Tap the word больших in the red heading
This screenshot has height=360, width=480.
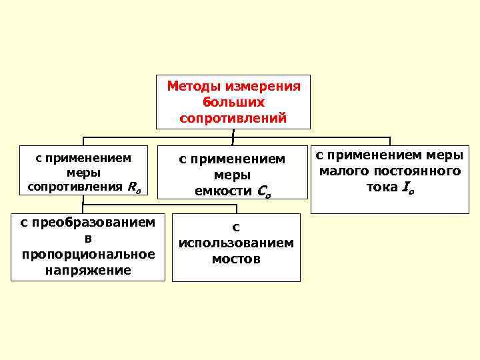coord(233,102)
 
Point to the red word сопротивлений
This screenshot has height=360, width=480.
coord(233,118)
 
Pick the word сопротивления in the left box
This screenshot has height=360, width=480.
coord(73,186)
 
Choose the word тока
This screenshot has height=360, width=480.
coord(382,187)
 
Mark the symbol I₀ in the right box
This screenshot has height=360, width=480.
coord(407,188)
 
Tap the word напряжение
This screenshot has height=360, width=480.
coord(88,270)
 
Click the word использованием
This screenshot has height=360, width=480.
coord(236,243)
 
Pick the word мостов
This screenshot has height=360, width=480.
coord(236,259)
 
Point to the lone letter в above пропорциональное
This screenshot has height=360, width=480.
coord(88,238)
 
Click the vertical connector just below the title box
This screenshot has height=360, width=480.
coord(233,136)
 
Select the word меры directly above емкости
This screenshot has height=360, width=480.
coord(233,175)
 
